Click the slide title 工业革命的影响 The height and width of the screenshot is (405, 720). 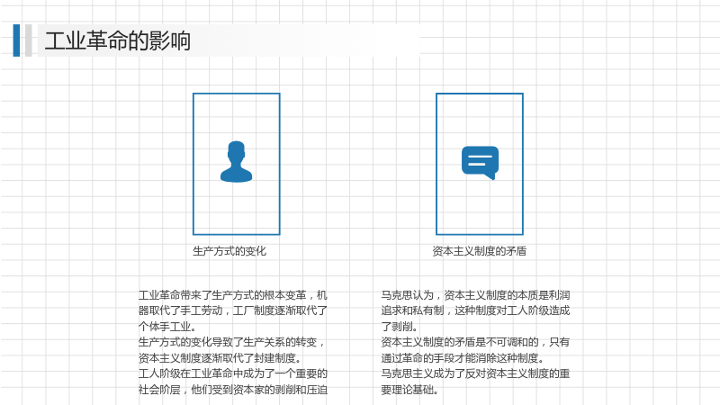pos(118,40)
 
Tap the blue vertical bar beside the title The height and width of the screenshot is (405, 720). pos(16,40)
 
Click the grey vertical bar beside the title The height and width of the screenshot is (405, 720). pos(29,40)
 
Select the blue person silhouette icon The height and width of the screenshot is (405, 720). pos(236,162)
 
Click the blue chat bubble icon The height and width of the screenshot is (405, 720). pos(480,163)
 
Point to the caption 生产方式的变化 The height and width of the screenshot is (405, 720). pos(229,251)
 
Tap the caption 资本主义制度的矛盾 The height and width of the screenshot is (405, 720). pos(480,251)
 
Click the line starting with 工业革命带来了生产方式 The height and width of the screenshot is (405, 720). pos(233,295)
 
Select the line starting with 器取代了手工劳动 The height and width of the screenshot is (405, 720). pos(233,310)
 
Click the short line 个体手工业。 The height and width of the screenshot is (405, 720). pos(167,327)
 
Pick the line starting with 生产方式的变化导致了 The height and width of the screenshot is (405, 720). pos(232,343)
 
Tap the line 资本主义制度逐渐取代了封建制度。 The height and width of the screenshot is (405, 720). pos(220,358)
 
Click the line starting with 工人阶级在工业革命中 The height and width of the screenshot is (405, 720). pos(233,373)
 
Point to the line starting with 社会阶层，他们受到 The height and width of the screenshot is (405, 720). pos(233,390)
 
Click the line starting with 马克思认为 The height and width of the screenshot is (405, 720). pos(475,295)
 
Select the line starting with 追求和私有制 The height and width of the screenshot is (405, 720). pos(475,310)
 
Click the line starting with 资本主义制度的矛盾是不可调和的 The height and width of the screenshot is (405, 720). pos(475,343)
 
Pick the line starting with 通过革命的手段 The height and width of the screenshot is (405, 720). pos(463,358)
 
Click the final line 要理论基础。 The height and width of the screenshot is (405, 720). pos(409,390)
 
